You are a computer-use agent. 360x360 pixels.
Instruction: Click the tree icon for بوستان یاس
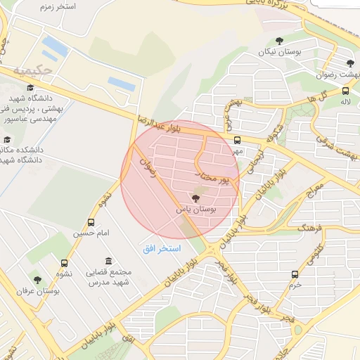click(195, 198)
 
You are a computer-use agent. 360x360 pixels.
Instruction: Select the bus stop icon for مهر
click(238, 139)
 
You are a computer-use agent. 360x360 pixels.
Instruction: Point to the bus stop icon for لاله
click(345, 91)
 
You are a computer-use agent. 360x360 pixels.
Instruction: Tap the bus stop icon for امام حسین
click(91, 221)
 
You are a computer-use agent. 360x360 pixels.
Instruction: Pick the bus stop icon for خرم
click(295, 274)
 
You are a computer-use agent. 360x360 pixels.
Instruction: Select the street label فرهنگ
click(310, 229)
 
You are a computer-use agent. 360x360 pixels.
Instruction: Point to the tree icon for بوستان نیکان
click(281, 41)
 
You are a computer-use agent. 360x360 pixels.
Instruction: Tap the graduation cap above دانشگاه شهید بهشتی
click(30, 87)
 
